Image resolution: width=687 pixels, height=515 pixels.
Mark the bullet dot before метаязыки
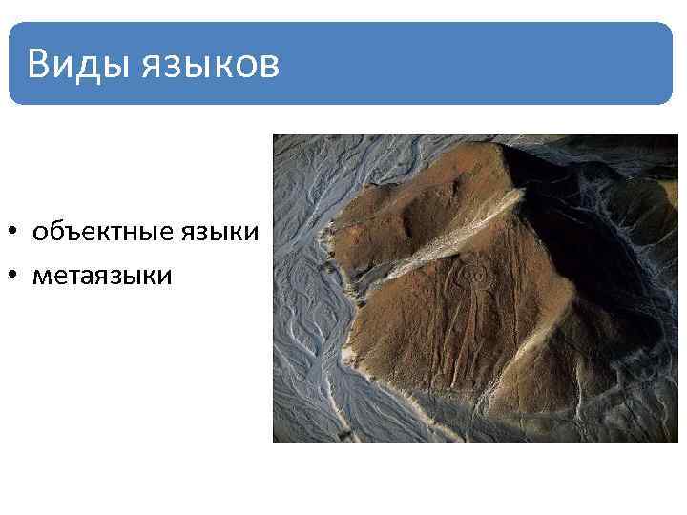[x=15, y=277]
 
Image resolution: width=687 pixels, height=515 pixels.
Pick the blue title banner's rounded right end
[x=663, y=63]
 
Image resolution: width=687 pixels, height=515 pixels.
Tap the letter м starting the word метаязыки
[x=40, y=277]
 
